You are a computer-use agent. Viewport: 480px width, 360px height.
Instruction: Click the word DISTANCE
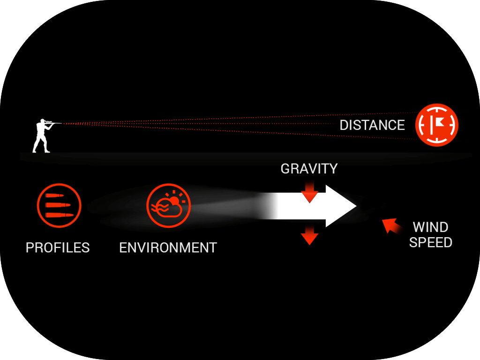pyautogui.click(x=372, y=125)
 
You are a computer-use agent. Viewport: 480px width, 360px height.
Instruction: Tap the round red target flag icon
pyautogui.click(x=436, y=125)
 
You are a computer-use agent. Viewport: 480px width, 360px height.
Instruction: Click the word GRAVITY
pyautogui.click(x=309, y=169)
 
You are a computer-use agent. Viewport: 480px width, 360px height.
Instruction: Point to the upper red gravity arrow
pyautogui.click(x=309, y=192)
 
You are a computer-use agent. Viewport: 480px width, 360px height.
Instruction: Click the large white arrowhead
pyautogui.click(x=341, y=206)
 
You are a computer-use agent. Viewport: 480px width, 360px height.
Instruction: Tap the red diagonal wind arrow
pyautogui.click(x=391, y=225)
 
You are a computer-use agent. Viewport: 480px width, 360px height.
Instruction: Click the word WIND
pyautogui.click(x=430, y=227)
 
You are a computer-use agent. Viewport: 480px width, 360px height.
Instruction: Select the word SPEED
pyautogui.click(x=430, y=242)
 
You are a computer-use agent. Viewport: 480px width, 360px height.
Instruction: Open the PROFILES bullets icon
pyautogui.click(x=59, y=205)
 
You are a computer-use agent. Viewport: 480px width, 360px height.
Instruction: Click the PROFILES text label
pyautogui.click(x=58, y=247)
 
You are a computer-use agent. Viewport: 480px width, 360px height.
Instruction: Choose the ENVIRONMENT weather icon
pyautogui.click(x=168, y=205)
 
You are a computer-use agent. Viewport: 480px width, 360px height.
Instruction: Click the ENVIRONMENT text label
pyautogui.click(x=168, y=247)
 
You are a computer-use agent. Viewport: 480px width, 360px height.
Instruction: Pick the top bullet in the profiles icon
pyautogui.click(x=54, y=196)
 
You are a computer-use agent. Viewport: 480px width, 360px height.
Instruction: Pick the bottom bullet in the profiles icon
pyautogui.click(x=60, y=215)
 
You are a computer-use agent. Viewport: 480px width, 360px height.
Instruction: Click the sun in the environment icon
pyautogui.click(x=175, y=201)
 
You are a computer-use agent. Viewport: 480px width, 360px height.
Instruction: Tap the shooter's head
pyautogui.click(x=43, y=120)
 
